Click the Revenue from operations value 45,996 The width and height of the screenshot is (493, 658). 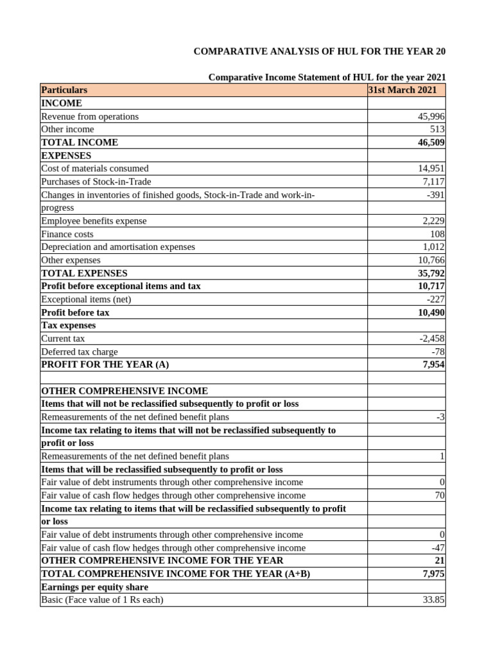[431, 116]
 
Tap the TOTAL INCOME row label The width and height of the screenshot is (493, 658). [80, 143]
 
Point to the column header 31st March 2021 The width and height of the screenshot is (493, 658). [402, 90]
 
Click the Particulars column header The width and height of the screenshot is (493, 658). [64, 90]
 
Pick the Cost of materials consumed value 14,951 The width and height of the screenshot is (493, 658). [431, 168]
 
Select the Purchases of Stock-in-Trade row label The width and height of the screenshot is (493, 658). [96, 182]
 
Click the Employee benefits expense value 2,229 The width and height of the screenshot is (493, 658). [433, 221]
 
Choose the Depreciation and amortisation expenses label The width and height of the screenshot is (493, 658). [118, 247]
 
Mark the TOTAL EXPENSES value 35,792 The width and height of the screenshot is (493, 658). [431, 273]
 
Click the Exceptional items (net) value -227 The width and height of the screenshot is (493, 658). [435, 299]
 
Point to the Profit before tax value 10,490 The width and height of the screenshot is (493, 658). [431, 312]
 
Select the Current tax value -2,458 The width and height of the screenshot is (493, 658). [431, 339]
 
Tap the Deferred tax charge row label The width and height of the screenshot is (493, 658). [80, 351]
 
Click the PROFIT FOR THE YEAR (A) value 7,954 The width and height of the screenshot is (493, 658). [433, 364]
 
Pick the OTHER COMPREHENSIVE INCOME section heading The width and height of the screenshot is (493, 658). [125, 391]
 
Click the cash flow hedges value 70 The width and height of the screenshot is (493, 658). [440, 495]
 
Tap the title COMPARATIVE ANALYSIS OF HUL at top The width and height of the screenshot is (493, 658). [320, 51]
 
